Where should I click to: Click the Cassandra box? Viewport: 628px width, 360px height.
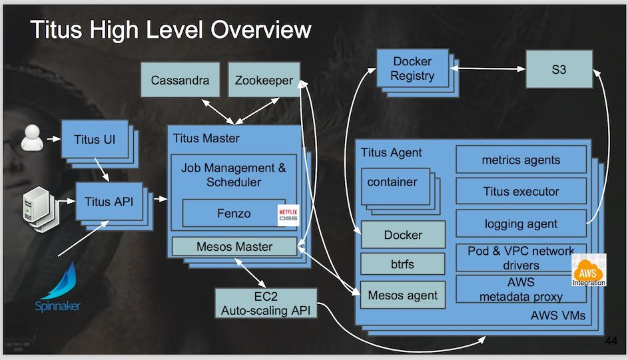coord(180,81)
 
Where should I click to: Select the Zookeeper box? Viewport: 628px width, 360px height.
coord(264,81)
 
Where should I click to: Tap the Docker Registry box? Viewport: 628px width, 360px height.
coord(412,69)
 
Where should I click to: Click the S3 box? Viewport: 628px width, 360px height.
coord(559,69)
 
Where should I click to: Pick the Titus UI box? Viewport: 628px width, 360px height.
coord(95,139)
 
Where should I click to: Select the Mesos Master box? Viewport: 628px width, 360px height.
coord(234,246)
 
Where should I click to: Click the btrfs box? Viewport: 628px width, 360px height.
coord(402,264)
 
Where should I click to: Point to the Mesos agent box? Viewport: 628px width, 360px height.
coord(402,295)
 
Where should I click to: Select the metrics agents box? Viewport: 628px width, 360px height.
coord(521,160)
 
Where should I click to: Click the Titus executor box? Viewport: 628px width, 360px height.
coord(521,192)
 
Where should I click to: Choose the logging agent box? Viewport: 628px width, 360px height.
coord(521,224)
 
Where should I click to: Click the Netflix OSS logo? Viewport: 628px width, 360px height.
coord(288,215)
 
